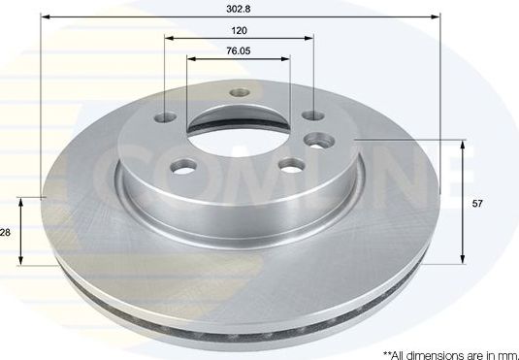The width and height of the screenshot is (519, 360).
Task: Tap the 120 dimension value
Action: pyautogui.click(x=240, y=30)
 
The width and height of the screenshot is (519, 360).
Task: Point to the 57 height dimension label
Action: pyautogui.click(x=476, y=204)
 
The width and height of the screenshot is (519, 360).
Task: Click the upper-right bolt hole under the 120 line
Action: pyautogui.click(x=312, y=115)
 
